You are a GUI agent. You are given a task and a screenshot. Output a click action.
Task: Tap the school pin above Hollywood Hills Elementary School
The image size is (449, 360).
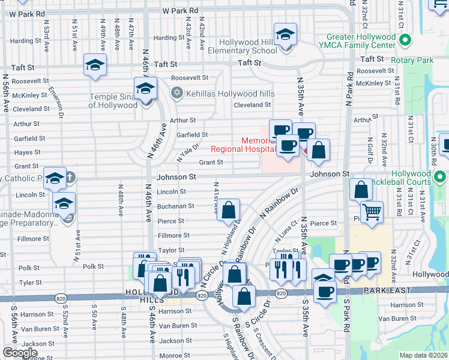(x=285, y=35)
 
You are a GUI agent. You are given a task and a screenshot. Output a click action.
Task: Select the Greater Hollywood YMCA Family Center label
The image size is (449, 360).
(x=361, y=41)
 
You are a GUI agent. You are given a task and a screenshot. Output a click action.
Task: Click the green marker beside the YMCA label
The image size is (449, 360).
(x=405, y=41)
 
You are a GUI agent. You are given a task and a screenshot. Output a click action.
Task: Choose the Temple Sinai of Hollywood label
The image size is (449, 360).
(x=113, y=101)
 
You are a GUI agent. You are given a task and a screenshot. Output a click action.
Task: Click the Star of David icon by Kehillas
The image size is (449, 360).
(x=176, y=93)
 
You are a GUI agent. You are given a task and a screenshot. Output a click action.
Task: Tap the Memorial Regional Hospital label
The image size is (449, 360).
(x=243, y=145)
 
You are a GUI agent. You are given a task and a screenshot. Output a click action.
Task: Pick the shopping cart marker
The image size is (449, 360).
(x=372, y=212)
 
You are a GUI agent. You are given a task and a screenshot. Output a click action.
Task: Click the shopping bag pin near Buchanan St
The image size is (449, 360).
(x=228, y=211)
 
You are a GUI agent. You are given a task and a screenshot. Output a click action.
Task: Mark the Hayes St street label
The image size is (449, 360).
(x=27, y=152)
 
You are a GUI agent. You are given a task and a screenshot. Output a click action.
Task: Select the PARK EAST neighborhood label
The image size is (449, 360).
(x=387, y=290)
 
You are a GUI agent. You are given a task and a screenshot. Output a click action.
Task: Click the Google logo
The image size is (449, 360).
(x=20, y=353)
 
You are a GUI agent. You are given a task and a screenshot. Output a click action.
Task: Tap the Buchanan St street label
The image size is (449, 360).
(x=175, y=206)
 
